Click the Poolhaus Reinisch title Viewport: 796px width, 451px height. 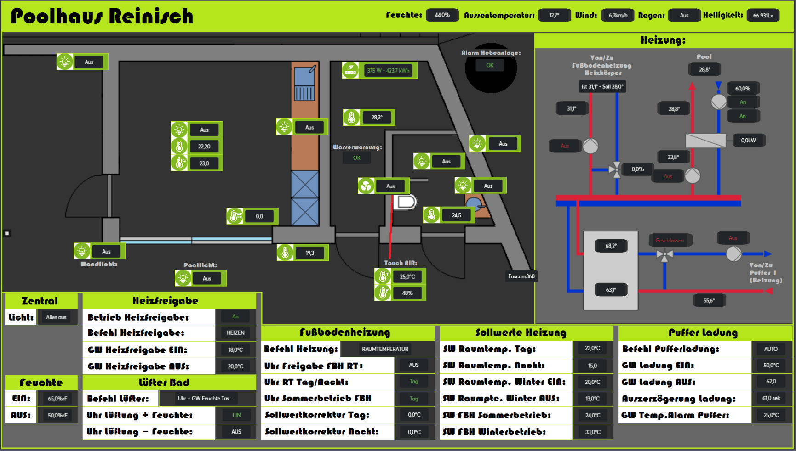tap(102, 16)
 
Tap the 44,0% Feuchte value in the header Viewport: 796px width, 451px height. tap(442, 15)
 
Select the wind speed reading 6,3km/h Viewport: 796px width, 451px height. tap(618, 15)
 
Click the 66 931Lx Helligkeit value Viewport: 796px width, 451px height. tap(763, 16)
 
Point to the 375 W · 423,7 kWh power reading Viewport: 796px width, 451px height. tap(388, 70)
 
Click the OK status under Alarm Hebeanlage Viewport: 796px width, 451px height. tap(490, 65)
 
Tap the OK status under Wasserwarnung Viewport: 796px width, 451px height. tap(356, 158)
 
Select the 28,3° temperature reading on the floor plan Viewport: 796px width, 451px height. tap(377, 118)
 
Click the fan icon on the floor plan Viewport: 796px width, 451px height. tap(366, 186)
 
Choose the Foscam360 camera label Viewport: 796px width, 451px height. tap(521, 276)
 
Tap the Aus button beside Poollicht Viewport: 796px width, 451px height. tap(207, 278)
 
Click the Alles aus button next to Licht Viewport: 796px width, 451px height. tap(56, 317)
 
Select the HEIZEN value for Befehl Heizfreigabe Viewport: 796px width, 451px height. tap(235, 333)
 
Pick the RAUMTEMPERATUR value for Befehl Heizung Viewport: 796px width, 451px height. tap(385, 349)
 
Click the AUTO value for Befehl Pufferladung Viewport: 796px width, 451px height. tap(771, 349)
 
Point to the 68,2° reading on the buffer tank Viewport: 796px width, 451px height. tap(611, 246)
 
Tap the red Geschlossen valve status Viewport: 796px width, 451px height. tap(669, 240)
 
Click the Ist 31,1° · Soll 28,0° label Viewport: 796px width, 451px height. tap(602, 86)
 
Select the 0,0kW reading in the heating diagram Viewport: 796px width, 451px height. tap(748, 141)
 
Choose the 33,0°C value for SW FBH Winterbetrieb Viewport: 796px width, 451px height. tap(592, 432)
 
